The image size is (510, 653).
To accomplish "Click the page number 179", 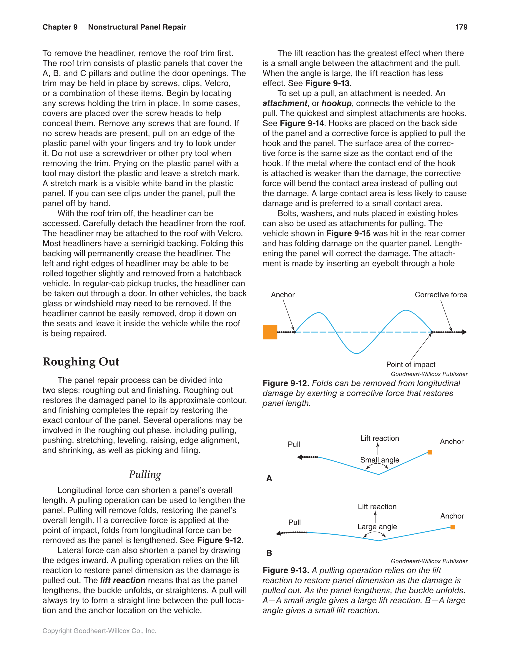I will click(x=461, y=27).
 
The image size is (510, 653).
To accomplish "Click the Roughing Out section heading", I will click(x=81, y=362).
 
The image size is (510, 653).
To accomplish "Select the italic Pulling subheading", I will click(x=145, y=475).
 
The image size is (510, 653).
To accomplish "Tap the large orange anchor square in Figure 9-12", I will click(x=270, y=332).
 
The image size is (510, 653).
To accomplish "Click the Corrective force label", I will click(x=441, y=295).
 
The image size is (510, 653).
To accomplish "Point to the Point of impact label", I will click(x=411, y=364).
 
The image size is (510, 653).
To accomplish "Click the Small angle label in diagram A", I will click(x=379, y=460).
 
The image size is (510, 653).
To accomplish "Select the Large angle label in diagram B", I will click(x=377, y=526).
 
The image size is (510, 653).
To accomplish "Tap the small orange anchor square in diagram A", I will click(x=430, y=452).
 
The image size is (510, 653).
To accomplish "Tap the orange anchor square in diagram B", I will click(x=452, y=527).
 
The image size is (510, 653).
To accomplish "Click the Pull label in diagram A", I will click(x=294, y=444).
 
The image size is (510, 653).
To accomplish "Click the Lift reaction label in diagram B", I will click(x=377, y=506).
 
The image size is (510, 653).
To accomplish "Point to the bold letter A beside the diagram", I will click(x=269, y=478).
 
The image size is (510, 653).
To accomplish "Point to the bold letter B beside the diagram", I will click(x=269, y=553).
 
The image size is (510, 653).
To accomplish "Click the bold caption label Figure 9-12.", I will click(x=286, y=383).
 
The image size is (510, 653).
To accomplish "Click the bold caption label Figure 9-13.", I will click(x=286, y=571).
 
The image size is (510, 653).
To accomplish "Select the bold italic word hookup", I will click(x=336, y=103).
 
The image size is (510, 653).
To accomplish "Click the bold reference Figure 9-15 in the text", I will click(x=348, y=233).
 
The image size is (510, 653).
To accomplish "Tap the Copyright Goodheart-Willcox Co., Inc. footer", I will click(x=99, y=631).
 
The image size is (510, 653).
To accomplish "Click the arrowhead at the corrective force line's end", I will click(x=464, y=332).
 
